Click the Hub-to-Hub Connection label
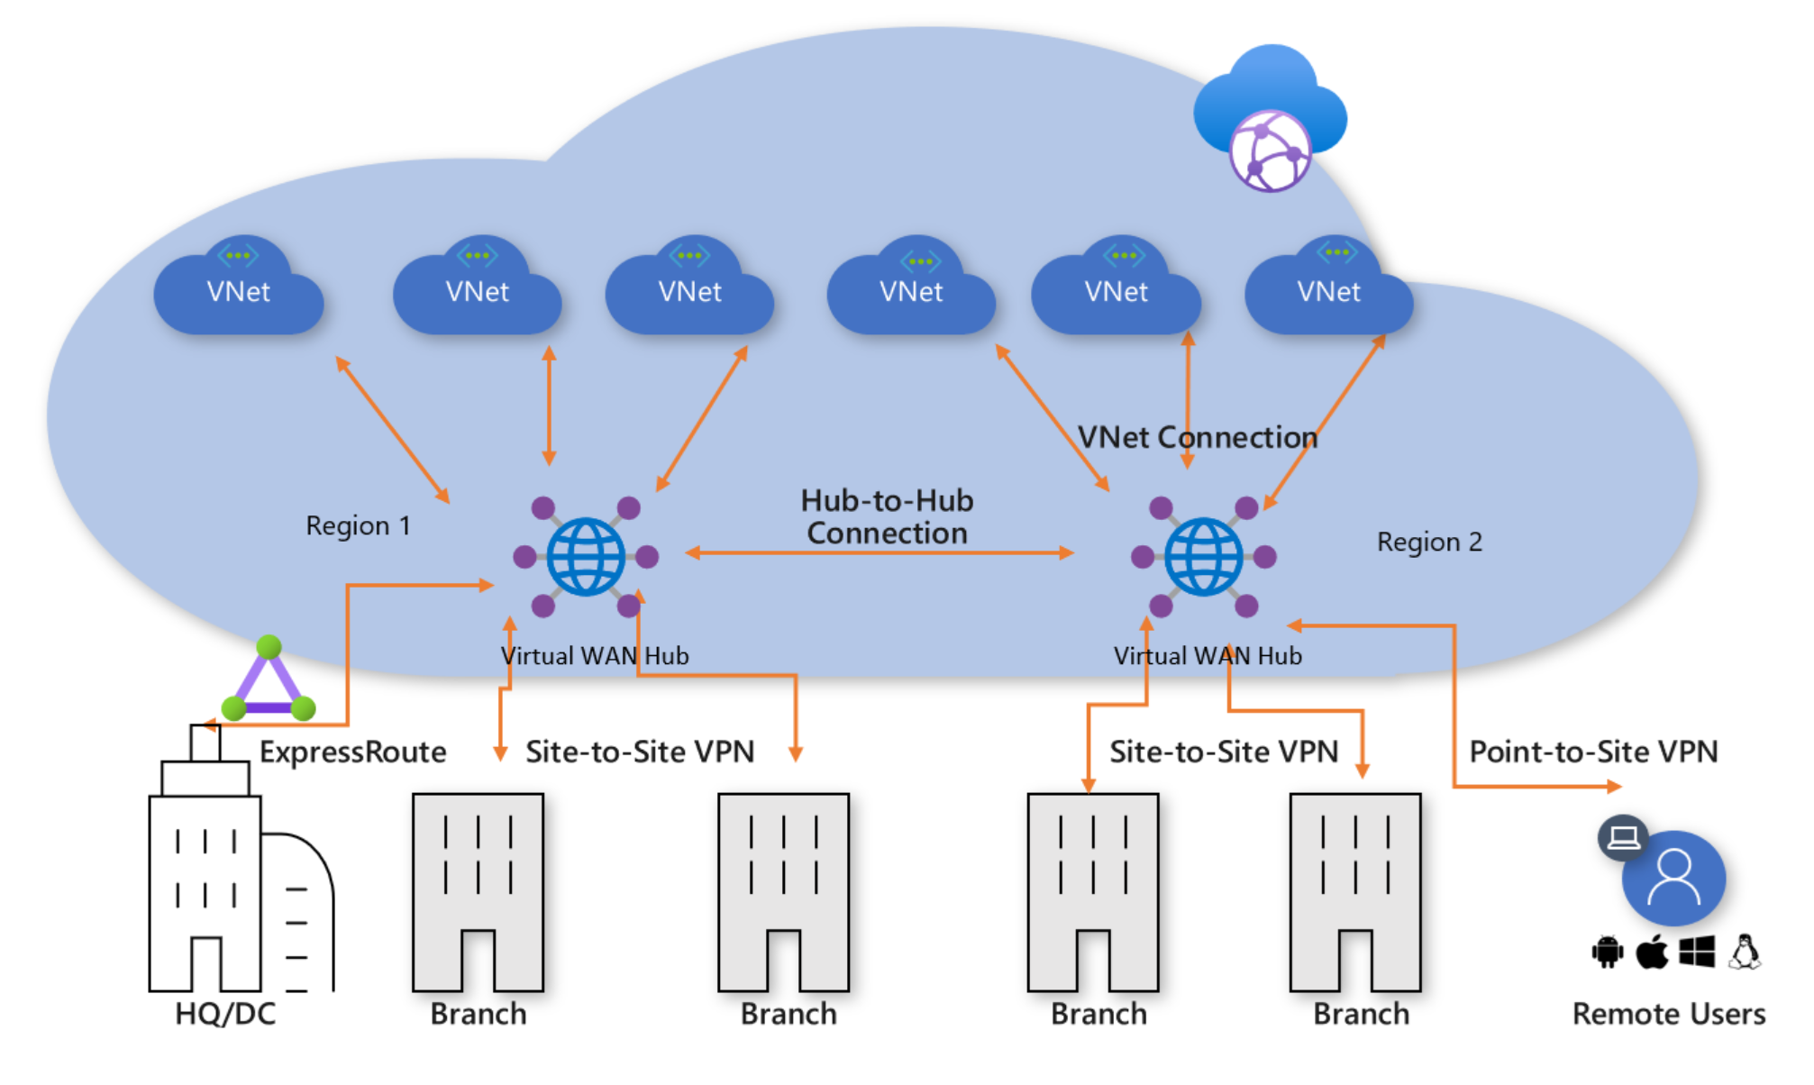coord(887,517)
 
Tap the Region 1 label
coord(358,525)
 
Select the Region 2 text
coord(1429,542)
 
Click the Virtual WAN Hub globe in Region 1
coord(586,557)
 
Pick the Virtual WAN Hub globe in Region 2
coord(1204,557)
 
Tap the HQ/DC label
coord(225,1014)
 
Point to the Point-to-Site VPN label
coord(1593,752)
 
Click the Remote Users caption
coord(1669,1014)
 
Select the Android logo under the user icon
coord(1607,952)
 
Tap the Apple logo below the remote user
coord(1652,952)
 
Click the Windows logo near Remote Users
coord(1698,952)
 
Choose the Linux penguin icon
coord(1745,952)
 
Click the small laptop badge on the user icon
coord(1624,838)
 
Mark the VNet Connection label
coord(1198,438)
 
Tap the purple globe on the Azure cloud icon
coord(1271,151)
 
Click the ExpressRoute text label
coord(352,752)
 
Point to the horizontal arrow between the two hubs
coord(880,552)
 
